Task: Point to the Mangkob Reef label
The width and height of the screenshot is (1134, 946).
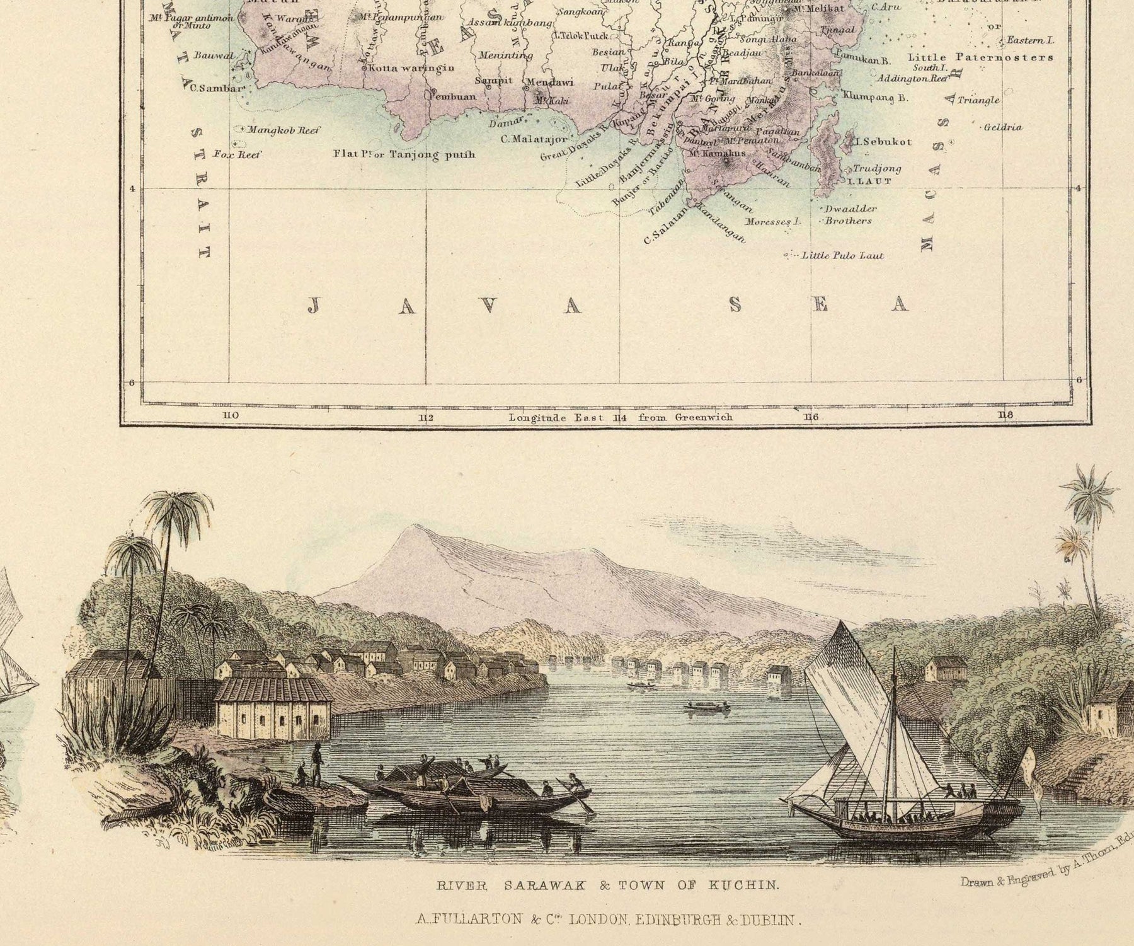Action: tap(283, 130)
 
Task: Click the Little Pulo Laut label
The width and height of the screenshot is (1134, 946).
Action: tap(842, 256)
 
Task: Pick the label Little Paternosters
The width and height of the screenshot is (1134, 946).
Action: tap(980, 57)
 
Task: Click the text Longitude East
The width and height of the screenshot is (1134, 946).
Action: tap(556, 417)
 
